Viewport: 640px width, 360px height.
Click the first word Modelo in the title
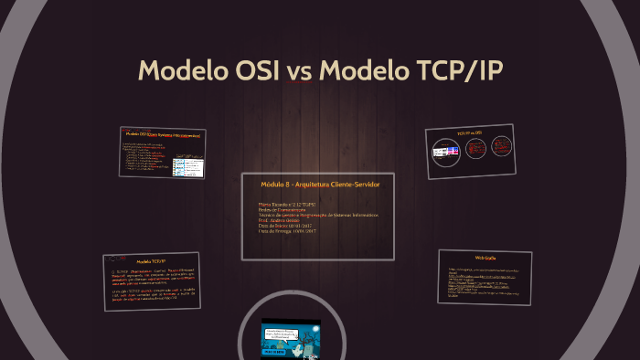pyautogui.click(x=179, y=71)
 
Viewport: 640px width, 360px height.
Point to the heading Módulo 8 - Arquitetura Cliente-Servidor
pyautogui.click(x=319, y=185)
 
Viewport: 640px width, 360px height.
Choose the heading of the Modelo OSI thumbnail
pyautogui.click(x=162, y=135)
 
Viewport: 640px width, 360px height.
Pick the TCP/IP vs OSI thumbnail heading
pyautogui.click(x=474, y=133)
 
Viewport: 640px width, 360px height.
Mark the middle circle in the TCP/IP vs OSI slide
pyautogui.click(x=475, y=149)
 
